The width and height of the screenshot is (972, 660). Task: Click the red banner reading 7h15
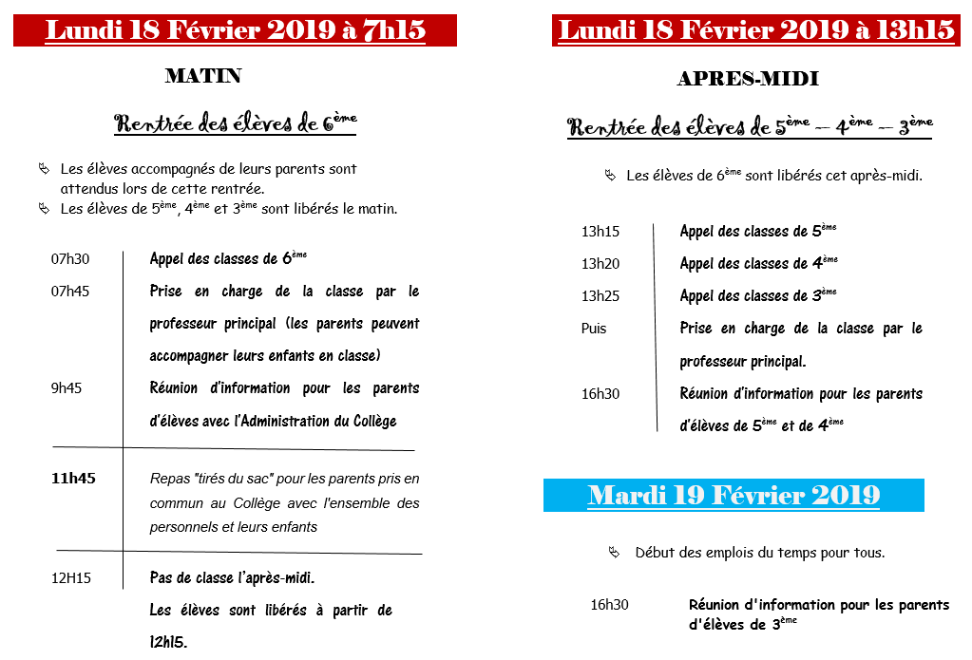(x=235, y=30)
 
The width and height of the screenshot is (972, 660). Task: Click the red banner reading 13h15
(x=756, y=30)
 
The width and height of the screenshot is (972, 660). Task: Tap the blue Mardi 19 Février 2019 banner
(x=734, y=496)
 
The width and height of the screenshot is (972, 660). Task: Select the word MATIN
(x=203, y=76)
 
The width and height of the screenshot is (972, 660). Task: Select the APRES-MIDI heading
(x=748, y=80)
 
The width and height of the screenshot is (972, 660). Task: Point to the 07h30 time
(x=70, y=259)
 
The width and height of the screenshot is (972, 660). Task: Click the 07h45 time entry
(x=70, y=292)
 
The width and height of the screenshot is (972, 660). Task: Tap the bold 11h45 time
(x=73, y=479)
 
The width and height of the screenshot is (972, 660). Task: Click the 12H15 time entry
(x=71, y=578)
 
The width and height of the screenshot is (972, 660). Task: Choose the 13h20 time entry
(x=600, y=264)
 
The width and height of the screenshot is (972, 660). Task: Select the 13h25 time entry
(x=600, y=296)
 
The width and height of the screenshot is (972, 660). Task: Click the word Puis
(x=594, y=329)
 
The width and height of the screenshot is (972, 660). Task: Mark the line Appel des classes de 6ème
(x=228, y=258)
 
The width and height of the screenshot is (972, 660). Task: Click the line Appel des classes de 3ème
(x=758, y=295)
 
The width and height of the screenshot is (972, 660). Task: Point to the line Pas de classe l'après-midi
(x=232, y=577)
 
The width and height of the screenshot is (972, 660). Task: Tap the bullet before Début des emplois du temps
(x=615, y=552)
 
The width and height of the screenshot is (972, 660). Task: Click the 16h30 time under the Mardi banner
(x=609, y=605)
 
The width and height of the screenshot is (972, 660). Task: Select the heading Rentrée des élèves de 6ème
(x=236, y=123)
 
